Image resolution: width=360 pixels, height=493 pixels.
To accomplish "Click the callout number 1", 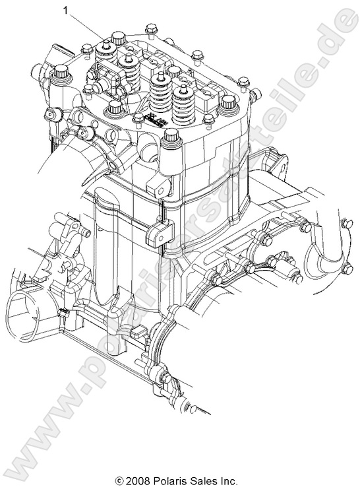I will (x=66, y=11).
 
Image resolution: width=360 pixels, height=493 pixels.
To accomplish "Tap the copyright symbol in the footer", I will (x=119, y=481).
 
